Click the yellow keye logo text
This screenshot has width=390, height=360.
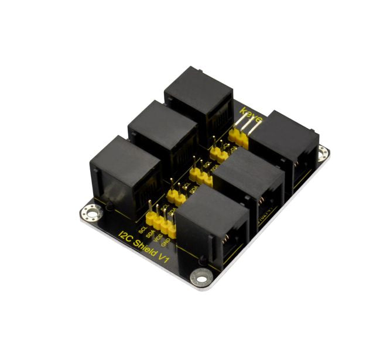pyautogui.click(x=252, y=112)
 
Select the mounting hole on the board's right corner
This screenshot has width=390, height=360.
pyautogui.click(x=322, y=153)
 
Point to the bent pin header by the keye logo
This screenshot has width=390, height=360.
pyautogui.click(x=240, y=132)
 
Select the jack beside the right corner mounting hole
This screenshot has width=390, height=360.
pyautogui.click(x=287, y=146)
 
